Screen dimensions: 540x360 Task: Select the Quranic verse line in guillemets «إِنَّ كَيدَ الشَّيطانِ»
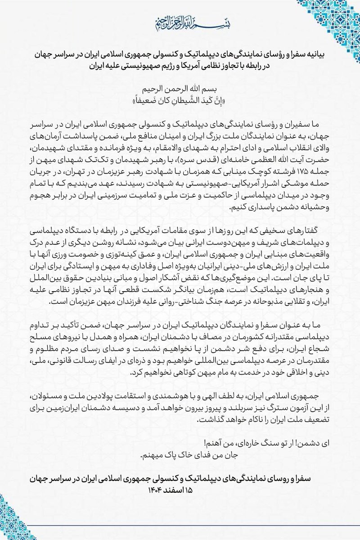pos(180,99)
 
